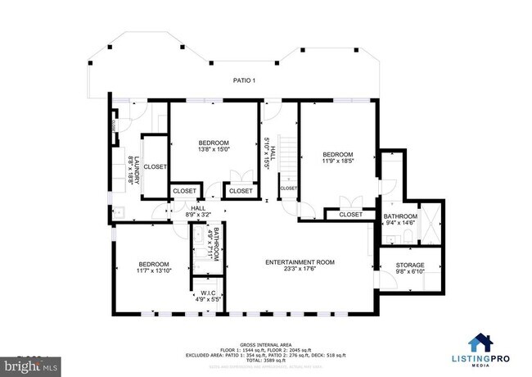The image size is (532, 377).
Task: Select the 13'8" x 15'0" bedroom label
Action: tap(214, 145)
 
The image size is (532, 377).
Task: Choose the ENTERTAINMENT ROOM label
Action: tap(300, 266)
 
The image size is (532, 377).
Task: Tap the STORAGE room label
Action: tap(410, 269)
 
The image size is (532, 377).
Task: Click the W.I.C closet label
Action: tap(208, 295)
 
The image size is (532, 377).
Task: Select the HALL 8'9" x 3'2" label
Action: tap(197, 211)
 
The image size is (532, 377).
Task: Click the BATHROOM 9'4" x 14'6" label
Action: tap(400, 220)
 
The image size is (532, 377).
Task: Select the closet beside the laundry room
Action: tap(155, 166)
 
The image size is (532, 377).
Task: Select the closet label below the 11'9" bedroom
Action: tap(350, 214)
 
